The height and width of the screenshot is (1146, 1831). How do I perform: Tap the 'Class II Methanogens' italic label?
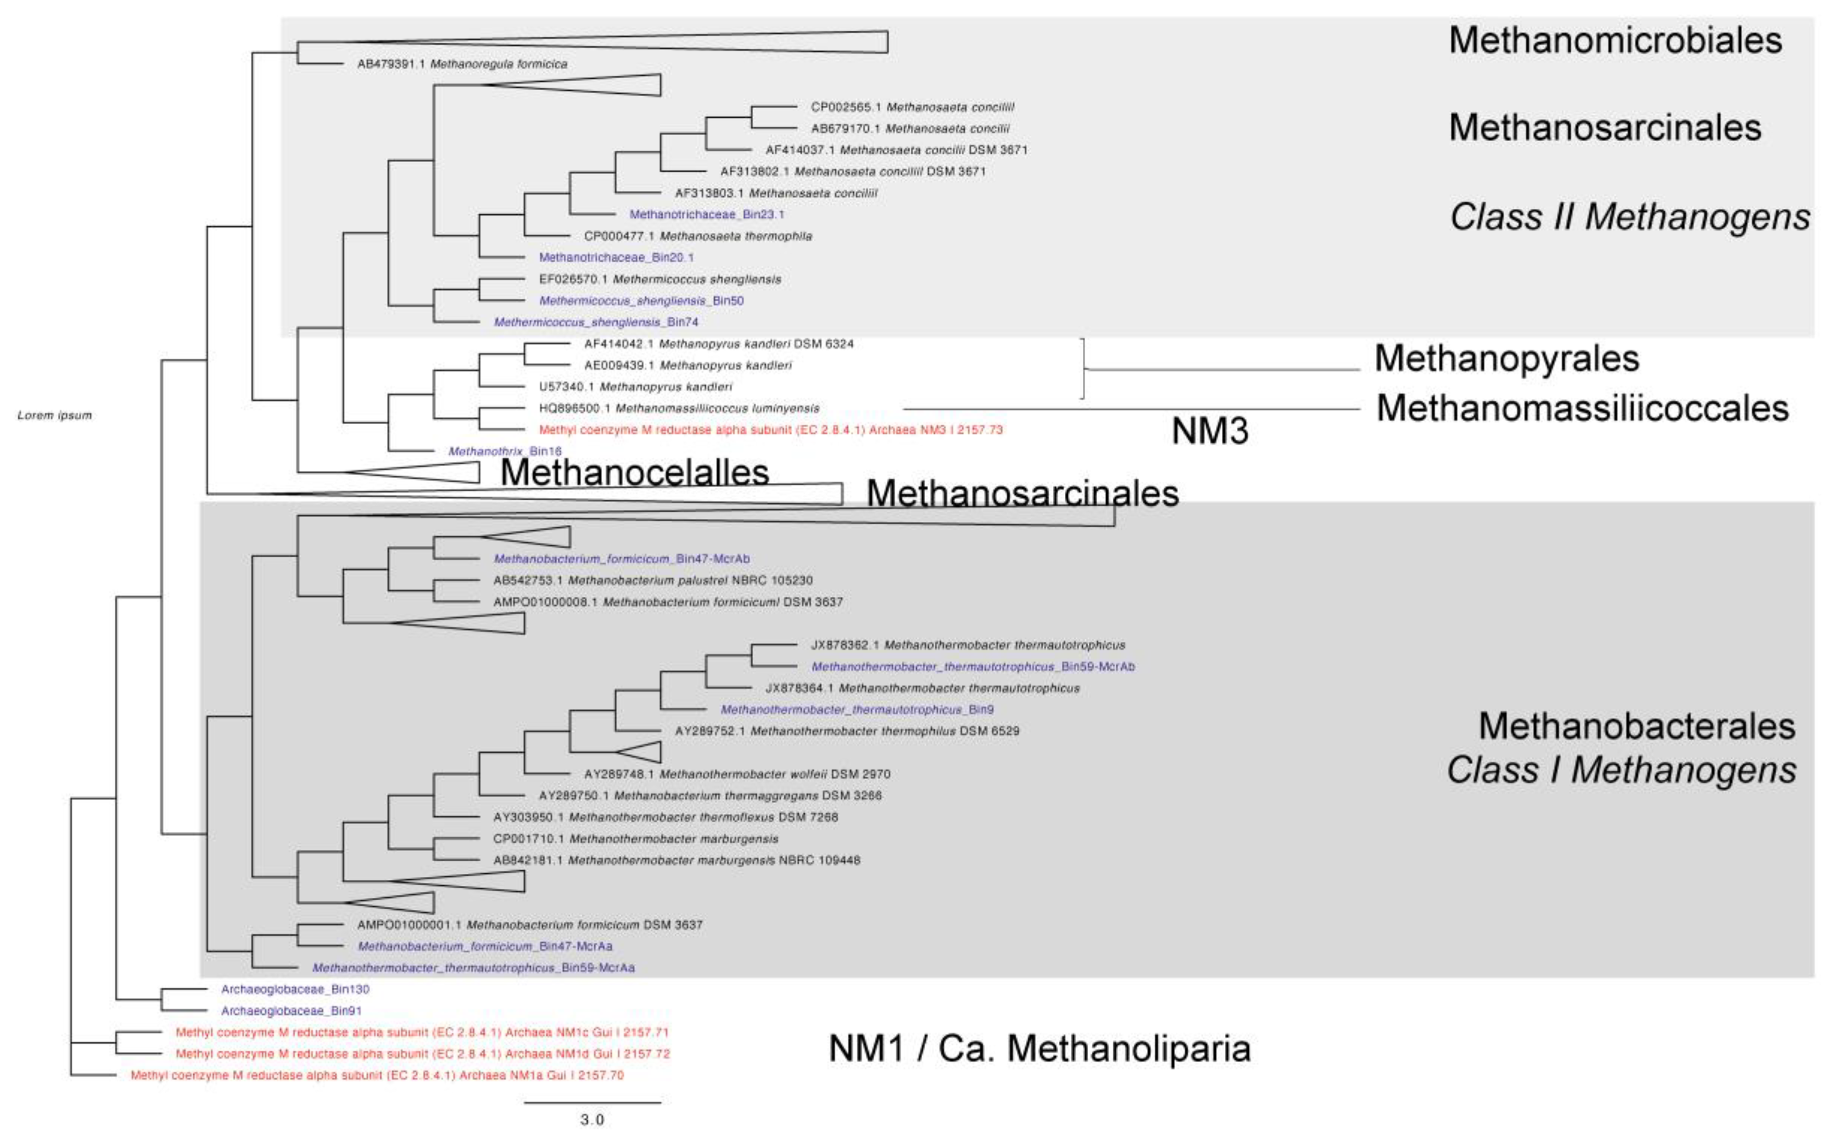[x=1630, y=217]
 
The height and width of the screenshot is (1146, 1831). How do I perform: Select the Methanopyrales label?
[x=1506, y=358]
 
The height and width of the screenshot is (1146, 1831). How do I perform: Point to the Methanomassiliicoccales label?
[x=1582, y=409]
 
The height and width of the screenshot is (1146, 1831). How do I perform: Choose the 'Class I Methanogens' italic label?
[x=1621, y=770]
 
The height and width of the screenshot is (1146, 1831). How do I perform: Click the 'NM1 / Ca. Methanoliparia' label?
[x=1039, y=1048]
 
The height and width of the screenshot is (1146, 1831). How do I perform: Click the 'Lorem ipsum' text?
[x=54, y=415]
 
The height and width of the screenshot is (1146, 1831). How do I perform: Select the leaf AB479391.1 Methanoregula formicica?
[x=462, y=64]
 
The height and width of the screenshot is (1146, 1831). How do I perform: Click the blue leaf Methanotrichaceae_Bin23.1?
[x=706, y=214]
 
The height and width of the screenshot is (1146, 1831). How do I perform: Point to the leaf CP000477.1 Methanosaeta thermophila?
[x=697, y=236]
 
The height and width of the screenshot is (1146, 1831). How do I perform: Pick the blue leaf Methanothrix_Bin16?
[x=505, y=452]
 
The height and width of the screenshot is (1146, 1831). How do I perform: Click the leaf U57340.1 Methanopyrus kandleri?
[x=635, y=386]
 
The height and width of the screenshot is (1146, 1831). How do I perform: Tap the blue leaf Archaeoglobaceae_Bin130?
[x=295, y=989]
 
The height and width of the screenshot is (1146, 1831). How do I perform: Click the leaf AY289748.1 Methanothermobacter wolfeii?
[x=737, y=774]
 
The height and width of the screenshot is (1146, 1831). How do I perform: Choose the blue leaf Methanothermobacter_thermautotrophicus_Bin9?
[x=856, y=709]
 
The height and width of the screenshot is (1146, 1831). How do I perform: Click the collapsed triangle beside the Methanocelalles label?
[x=424, y=472]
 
